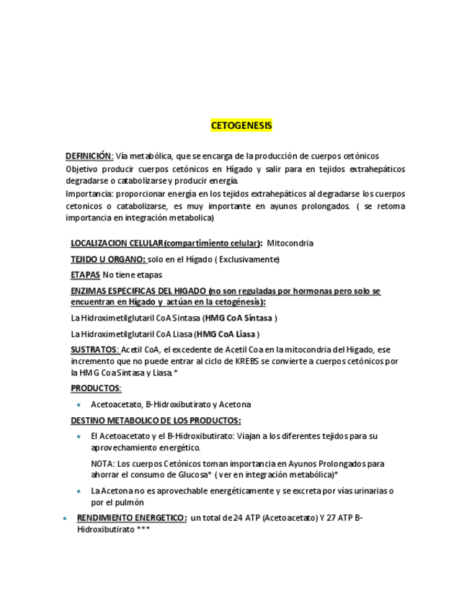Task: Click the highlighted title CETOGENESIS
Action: [x=241, y=125]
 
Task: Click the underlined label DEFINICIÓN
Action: [x=89, y=156]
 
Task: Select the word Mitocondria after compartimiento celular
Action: [x=290, y=244]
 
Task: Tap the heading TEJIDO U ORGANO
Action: [x=108, y=259]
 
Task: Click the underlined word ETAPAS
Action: [x=85, y=275]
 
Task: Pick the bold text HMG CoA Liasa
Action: [x=226, y=334]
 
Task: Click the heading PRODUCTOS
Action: [x=96, y=388]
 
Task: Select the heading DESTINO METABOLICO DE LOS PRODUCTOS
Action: [x=156, y=421]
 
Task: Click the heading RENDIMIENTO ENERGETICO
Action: [x=132, y=518]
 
